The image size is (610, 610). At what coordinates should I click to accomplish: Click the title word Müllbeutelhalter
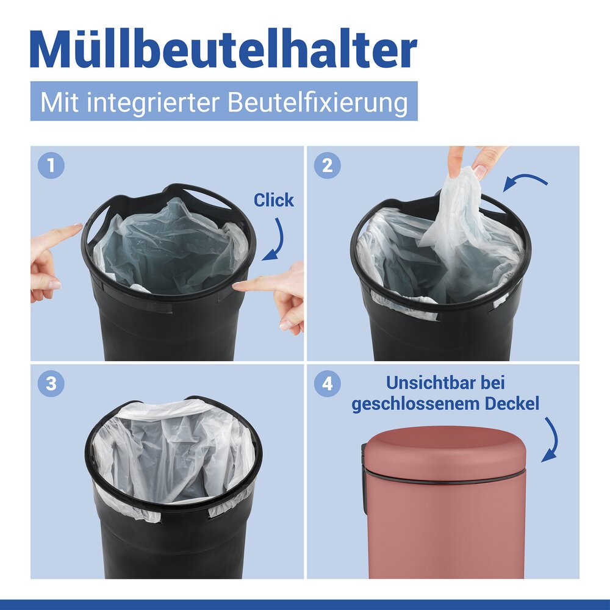pyautogui.click(x=223, y=49)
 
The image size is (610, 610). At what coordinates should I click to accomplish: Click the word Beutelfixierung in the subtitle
pyautogui.click(x=318, y=102)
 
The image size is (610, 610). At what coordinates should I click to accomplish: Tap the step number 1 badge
pyautogui.click(x=51, y=165)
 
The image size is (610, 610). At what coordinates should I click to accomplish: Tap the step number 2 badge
pyautogui.click(x=327, y=165)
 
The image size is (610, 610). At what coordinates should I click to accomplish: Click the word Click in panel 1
pyautogui.click(x=273, y=200)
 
